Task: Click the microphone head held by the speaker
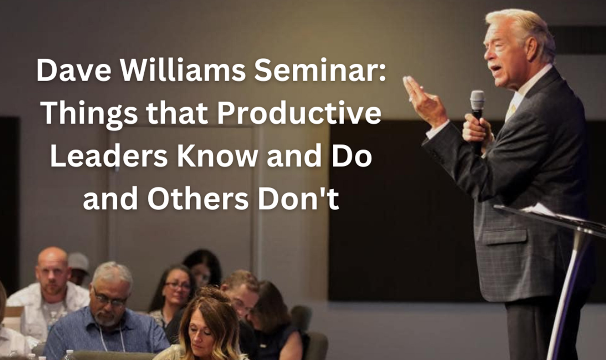click(477, 101)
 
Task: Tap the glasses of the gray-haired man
click(109, 299)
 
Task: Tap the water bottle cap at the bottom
click(70, 353)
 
